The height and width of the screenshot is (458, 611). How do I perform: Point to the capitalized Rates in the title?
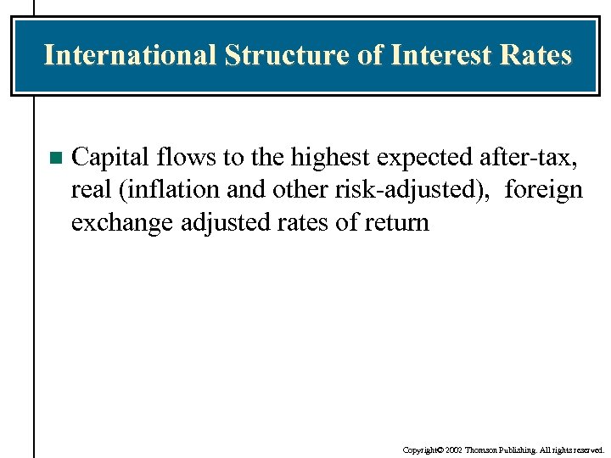click(x=536, y=55)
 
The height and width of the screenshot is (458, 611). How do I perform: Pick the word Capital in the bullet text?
click(x=107, y=157)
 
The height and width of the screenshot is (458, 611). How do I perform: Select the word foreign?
click(x=544, y=190)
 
